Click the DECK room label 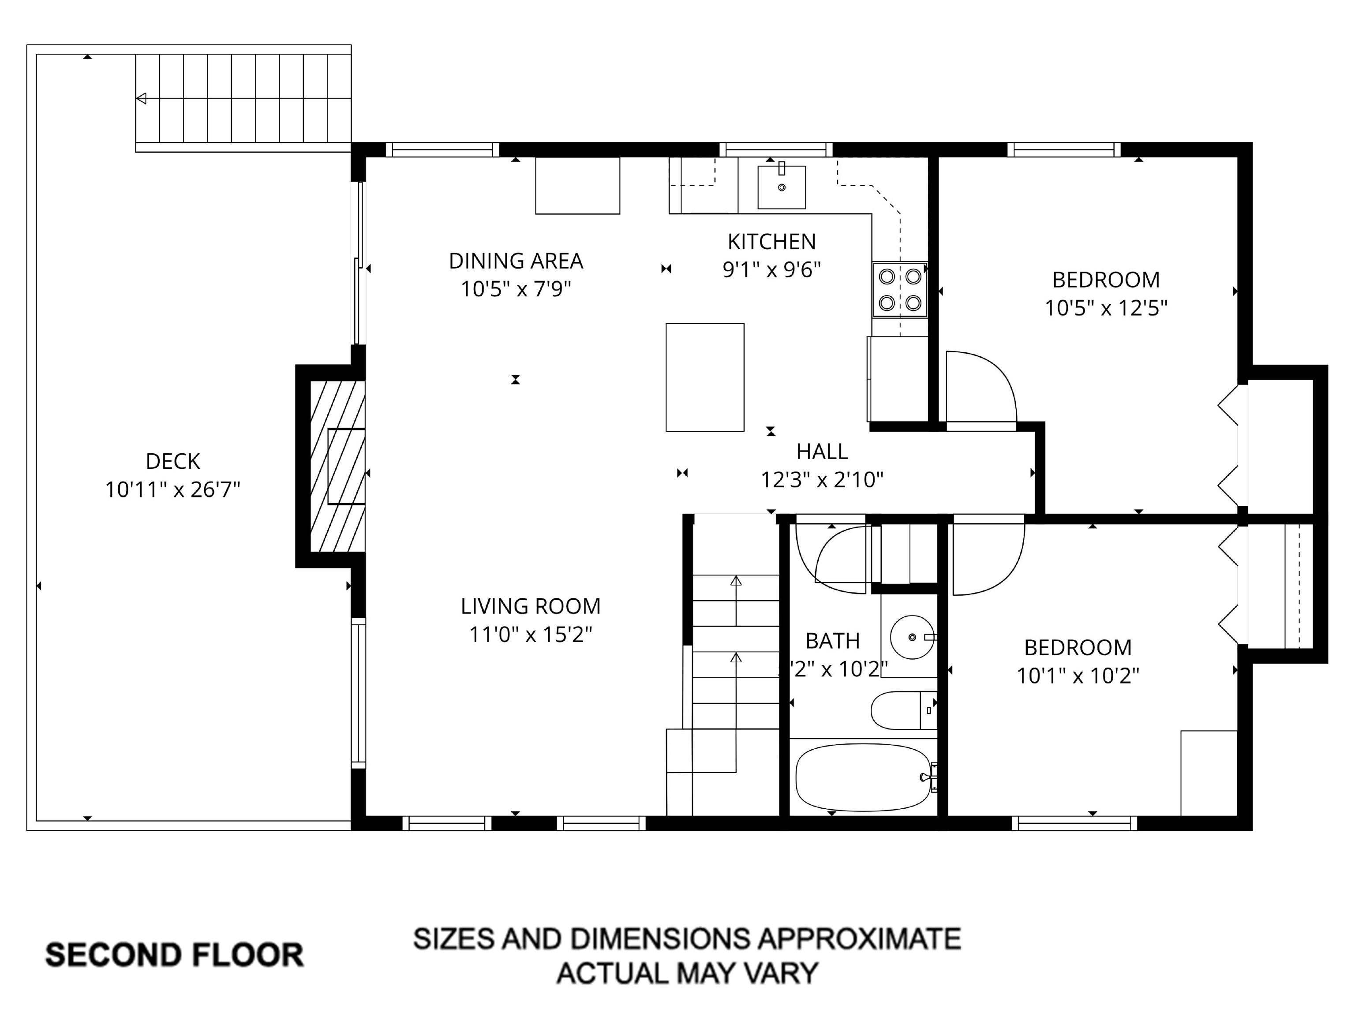coord(173,461)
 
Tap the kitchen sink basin coord(781,187)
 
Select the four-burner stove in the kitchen coord(899,290)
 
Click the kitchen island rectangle coord(704,377)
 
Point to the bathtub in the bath coord(862,777)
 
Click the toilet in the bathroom coord(903,710)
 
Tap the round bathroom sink coord(912,637)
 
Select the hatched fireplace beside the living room coord(337,465)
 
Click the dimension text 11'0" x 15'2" coord(531,635)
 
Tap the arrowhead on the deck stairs coord(142,98)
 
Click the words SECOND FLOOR coord(175,956)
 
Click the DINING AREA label coord(516,261)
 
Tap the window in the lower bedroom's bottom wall coord(1074,824)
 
